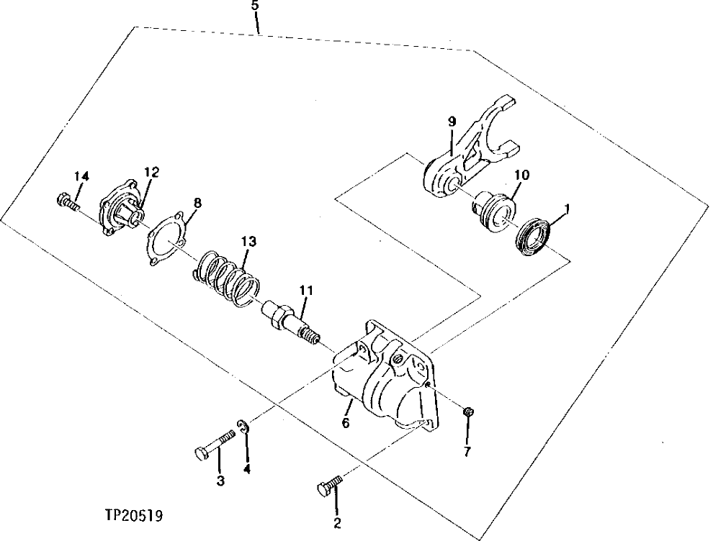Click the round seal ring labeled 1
[x=533, y=236]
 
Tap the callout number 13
[x=248, y=242]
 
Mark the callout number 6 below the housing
[x=346, y=424]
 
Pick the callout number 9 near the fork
[x=452, y=122]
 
